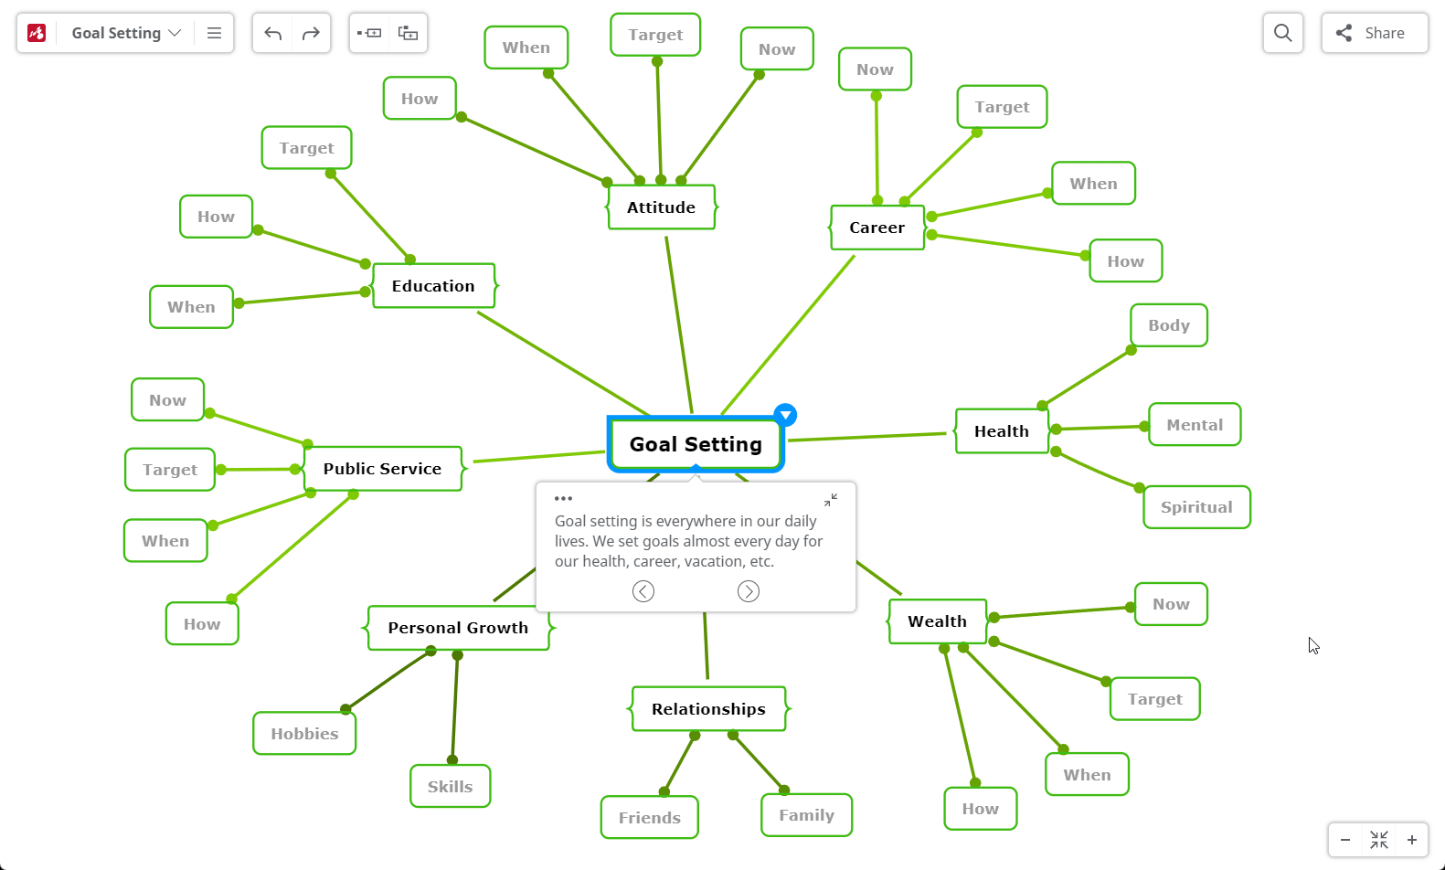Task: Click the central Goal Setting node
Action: (696, 444)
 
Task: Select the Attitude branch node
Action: (661, 207)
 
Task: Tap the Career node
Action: (877, 227)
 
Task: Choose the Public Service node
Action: (383, 468)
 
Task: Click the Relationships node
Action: (708, 709)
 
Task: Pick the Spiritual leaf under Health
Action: (1196, 507)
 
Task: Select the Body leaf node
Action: (1169, 325)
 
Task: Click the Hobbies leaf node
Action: (304, 733)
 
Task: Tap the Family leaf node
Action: (806, 815)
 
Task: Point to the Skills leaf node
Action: (451, 786)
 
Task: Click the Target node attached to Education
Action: (306, 148)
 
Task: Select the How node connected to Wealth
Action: (981, 809)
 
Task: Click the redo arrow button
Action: (311, 33)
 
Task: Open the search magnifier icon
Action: (1283, 33)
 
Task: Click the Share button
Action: (1375, 33)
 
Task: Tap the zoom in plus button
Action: (1412, 840)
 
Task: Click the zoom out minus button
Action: (1345, 840)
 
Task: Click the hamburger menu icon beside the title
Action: (214, 33)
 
